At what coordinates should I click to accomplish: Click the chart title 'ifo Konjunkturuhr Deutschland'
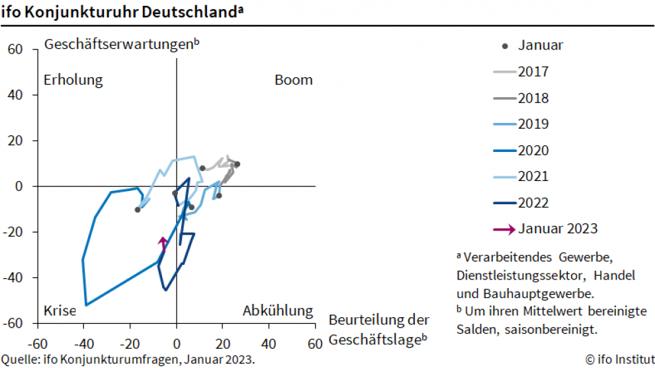(x=119, y=12)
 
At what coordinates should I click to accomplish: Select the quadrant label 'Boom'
(x=293, y=80)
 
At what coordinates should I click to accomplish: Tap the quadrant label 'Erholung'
(x=73, y=80)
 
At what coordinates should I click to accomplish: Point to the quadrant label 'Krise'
(x=60, y=311)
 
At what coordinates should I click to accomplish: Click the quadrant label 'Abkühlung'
(x=277, y=311)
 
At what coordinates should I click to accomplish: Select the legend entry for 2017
(x=521, y=72)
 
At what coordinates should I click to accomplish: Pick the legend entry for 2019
(x=521, y=124)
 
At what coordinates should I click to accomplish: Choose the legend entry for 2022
(x=521, y=203)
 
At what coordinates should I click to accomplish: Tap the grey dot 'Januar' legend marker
(x=506, y=46)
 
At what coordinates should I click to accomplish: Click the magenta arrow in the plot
(x=162, y=243)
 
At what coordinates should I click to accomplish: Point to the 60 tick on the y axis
(x=15, y=50)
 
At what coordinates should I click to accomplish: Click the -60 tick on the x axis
(x=39, y=344)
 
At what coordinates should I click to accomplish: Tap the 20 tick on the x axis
(x=222, y=344)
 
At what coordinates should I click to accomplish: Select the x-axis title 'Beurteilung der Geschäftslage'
(x=378, y=330)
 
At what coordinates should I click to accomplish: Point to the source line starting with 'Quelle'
(x=128, y=359)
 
